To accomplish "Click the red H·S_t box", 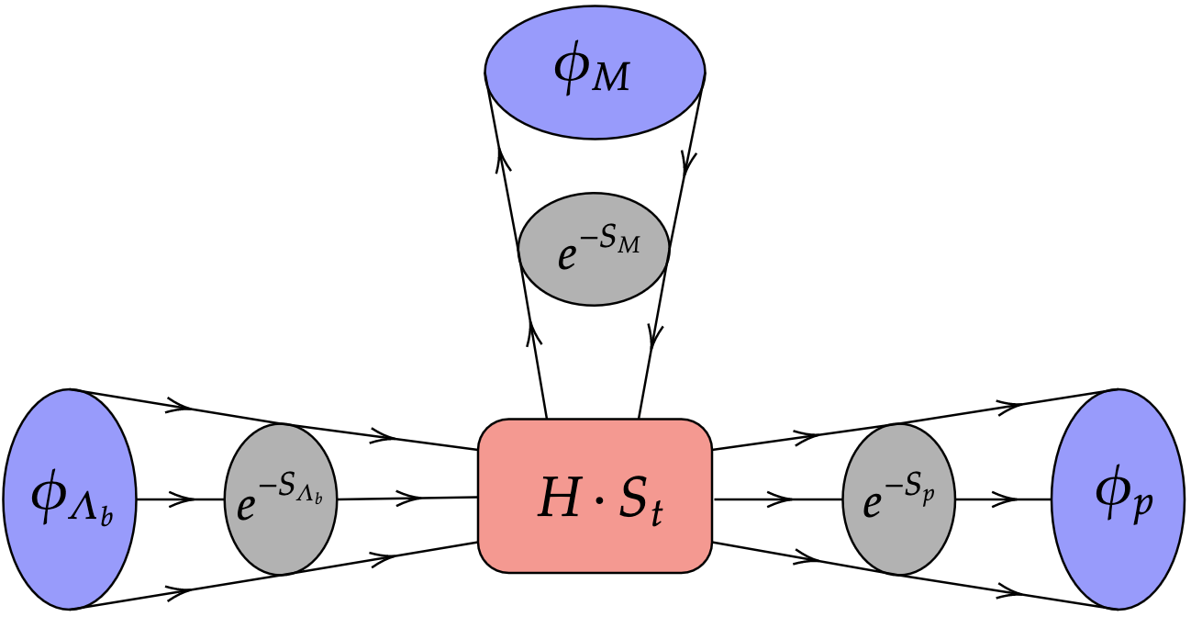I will tap(595, 496).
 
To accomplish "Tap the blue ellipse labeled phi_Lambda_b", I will tap(70, 499).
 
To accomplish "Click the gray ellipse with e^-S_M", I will tap(594, 249).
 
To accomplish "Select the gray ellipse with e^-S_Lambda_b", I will tap(281, 499).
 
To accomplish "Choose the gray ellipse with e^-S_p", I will tap(899, 499).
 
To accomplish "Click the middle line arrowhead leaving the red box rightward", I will tap(780, 499).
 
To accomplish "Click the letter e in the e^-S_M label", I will tap(566, 258).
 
